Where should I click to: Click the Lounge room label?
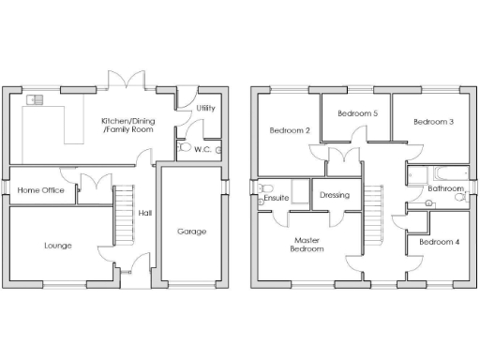[57, 246]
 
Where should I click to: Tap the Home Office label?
[39, 190]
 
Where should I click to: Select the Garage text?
[191, 231]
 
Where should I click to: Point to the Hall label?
[145, 214]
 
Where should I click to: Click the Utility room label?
[205, 109]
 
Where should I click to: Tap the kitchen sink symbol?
[36, 98]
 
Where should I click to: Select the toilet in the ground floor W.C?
[184, 148]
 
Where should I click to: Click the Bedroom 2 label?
[290, 130]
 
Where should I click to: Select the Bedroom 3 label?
[433, 122]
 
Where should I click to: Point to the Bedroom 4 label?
[439, 242]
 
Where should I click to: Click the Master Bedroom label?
[307, 245]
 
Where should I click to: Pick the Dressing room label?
[334, 195]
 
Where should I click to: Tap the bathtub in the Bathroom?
[445, 173]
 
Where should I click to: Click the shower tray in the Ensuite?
[301, 191]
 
